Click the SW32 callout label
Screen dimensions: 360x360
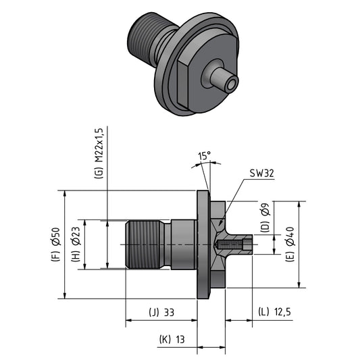pyautogui.click(x=262, y=174)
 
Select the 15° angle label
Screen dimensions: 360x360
pyautogui.click(x=205, y=156)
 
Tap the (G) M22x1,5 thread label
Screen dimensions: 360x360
pyautogui.click(x=99, y=153)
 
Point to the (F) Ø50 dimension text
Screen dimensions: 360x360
pyautogui.click(x=55, y=245)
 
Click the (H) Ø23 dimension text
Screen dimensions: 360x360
pyautogui.click(x=76, y=245)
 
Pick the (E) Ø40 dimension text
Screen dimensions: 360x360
pyautogui.click(x=290, y=245)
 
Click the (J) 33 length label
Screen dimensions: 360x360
pyautogui.click(x=161, y=313)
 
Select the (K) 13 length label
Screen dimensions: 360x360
pyautogui.click(x=172, y=339)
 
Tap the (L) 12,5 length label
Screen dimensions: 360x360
pyautogui.click(x=275, y=312)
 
